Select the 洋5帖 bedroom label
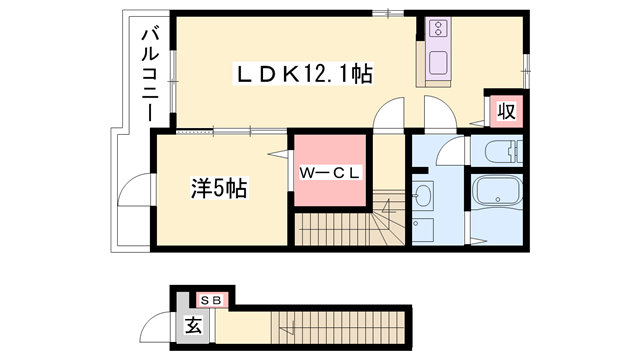click(x=219, y=186)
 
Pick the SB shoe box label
click(x=211, y=298)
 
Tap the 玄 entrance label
click(x=192, y=325)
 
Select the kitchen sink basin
click(x=440, y=64)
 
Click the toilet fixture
click(x=502, y=152)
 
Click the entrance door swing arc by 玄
click(x=156, y=327)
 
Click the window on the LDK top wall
click(x=382, y=13)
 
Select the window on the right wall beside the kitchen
click(x=527, y=70)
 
